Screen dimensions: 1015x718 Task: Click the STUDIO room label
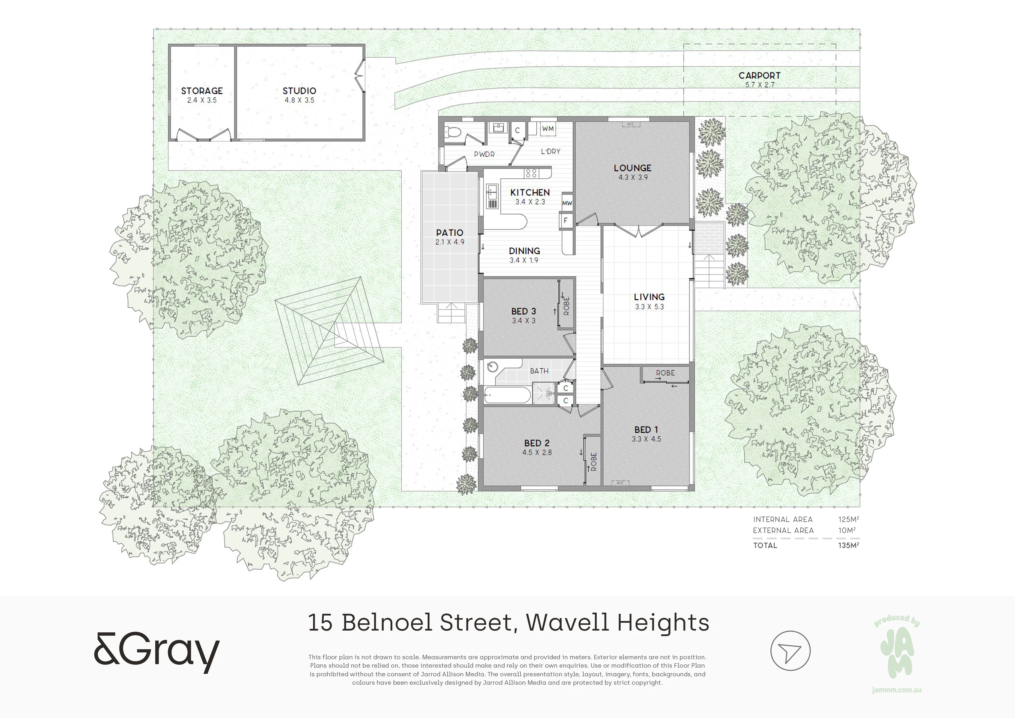(299, 91)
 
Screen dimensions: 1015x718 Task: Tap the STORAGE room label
(202, 91)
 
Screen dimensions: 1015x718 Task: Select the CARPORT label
(760, 76)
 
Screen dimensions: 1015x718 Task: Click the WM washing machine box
(548, 129)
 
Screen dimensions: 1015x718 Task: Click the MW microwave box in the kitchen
(567, 203)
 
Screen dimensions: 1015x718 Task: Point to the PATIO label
(450, 233)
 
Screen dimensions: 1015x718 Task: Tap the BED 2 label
(537, 443)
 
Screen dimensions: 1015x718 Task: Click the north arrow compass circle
(790, 651)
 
